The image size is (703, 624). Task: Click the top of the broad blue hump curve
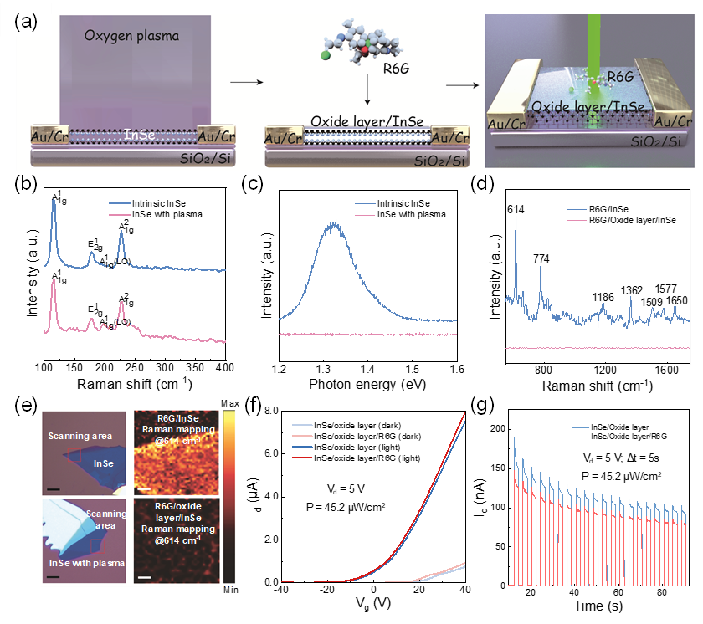click(x=336, y=223)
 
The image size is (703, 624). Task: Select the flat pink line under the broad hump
click(x=368, y=334)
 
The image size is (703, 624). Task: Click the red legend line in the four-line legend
click(x=302, y=458)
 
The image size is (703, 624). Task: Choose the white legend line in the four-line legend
click(x=302, y=426)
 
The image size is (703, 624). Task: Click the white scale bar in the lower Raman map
click(x=144, y=576)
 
